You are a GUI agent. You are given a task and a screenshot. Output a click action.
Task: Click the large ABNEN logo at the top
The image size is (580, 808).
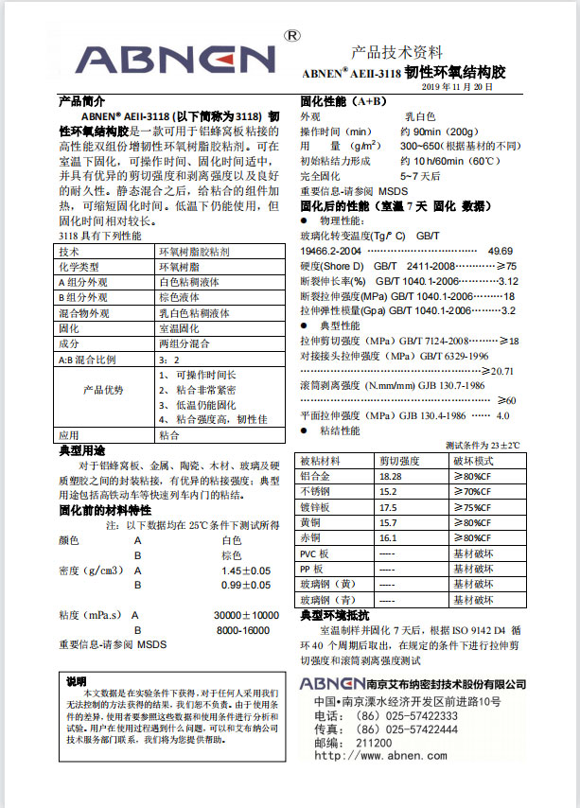pos(174,59)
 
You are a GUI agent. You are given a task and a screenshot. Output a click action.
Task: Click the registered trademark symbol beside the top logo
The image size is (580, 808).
pos(292,36)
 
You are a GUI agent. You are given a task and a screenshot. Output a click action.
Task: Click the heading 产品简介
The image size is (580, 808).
pos(81,99)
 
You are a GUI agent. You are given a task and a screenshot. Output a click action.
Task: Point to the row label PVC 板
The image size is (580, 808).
pos(314,553)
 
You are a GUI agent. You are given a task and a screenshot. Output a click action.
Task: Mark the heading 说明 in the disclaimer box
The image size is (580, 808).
pos(77,681)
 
